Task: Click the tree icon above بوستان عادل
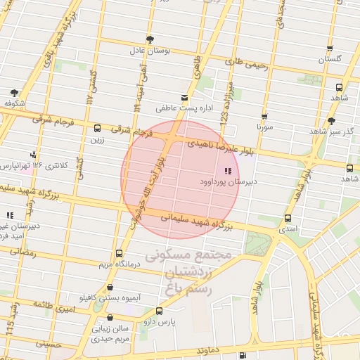[149, 39]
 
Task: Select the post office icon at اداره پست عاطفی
[184, 97]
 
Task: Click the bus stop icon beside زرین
[97, 128]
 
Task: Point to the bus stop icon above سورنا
[264, 117]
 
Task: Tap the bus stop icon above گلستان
[330, 49]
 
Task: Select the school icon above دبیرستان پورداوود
[226, 171]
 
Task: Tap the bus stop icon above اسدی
[288, 218]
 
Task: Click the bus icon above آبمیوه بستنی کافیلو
[110, 287]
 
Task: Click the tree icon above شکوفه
[15, 92]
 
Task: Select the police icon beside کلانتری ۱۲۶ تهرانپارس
[33, 155]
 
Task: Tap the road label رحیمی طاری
[247, 64]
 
